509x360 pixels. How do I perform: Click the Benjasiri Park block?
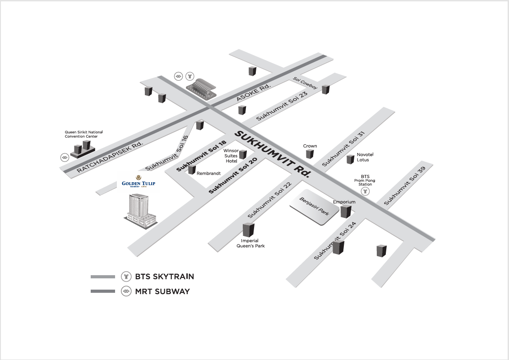click(315, 210)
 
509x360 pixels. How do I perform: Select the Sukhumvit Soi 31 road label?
click(343, 148)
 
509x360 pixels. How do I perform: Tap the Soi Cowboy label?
click(305, 83)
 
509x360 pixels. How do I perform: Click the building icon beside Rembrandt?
click(192, 170)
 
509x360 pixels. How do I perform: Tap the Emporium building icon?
click(346, 211)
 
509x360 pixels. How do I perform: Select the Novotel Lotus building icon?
click(350, 159)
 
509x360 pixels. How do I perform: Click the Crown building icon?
click(310, 154)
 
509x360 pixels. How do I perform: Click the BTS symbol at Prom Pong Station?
click(366, 191)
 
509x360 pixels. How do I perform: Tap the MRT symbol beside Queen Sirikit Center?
click(65, 157)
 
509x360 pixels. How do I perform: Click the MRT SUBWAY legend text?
click(162, 291)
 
